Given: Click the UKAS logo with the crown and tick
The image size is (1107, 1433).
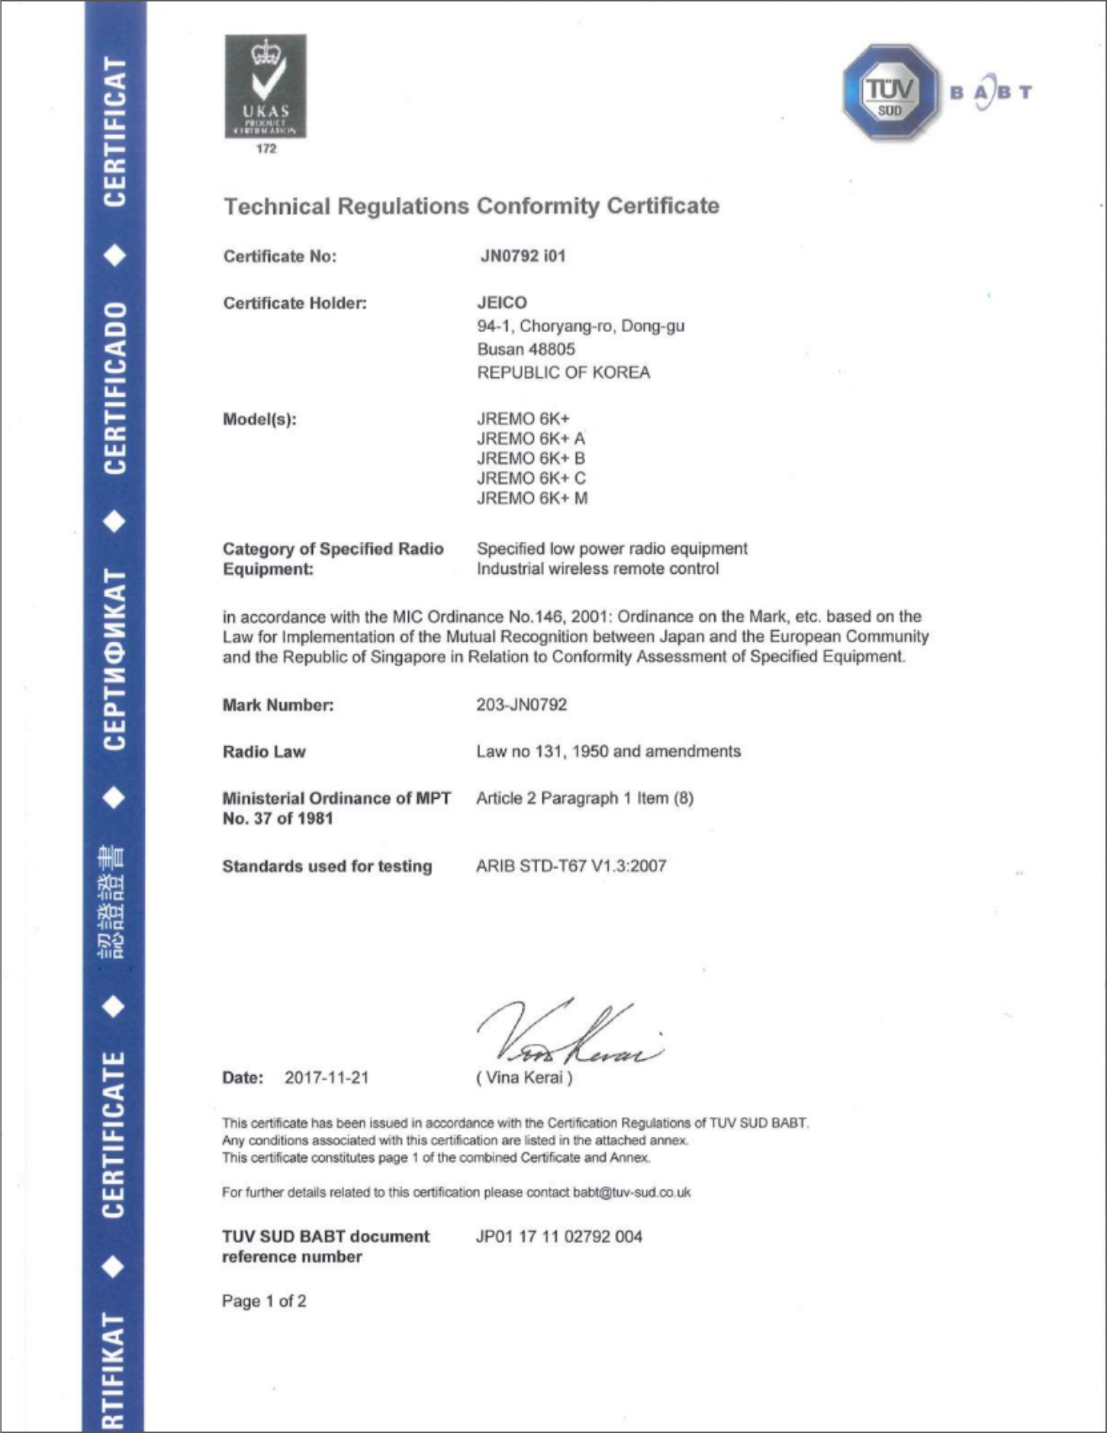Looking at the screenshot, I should (x=265, y=85).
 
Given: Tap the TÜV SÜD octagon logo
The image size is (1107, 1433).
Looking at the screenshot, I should (x=890, y=92).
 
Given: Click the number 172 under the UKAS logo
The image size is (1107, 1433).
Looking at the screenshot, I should (x=266, y=149).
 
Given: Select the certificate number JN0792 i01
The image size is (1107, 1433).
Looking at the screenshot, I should (x=523, y=256).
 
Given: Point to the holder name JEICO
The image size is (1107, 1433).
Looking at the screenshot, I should (x=502, y=303).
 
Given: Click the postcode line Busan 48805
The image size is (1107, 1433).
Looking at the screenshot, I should (x=526, y=349).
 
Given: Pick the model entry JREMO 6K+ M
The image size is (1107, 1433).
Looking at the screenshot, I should (x=532, y=498).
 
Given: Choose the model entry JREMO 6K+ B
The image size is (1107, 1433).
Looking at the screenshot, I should (x=531, y=459).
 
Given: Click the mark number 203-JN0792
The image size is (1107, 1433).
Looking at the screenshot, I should (x=522, y=705).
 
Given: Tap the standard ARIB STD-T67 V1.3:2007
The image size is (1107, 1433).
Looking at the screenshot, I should (x=571, y=866).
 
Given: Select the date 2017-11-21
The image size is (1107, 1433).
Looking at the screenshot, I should (x=327, y=1077).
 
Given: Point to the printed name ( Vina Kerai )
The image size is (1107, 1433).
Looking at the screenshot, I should (x=524, y=1077).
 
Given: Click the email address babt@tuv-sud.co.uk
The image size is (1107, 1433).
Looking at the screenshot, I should (x=632, y=1192).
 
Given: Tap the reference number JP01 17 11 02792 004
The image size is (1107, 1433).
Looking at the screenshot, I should (x=559, y=1236).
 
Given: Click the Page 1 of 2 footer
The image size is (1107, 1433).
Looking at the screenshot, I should (x=264, y=1301).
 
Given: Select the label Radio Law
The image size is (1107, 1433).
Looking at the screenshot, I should (x=264, y=752).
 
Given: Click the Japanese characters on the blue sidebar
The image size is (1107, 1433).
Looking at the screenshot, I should (x=113, y=902).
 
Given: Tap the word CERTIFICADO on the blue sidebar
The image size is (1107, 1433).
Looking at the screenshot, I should (x=114, y=388).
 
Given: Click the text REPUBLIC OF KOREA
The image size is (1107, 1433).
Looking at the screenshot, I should (x=563, y=373).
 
